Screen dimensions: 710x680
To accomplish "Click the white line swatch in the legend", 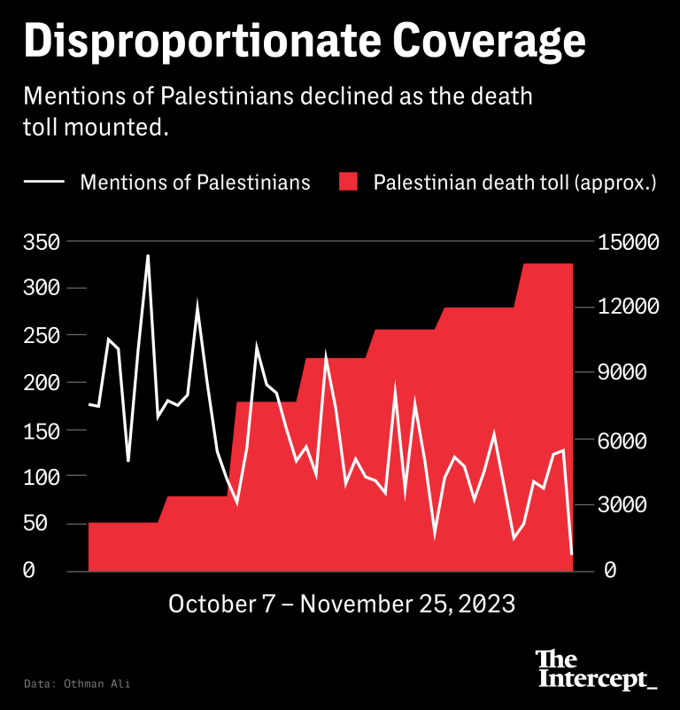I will [x=45, y=183].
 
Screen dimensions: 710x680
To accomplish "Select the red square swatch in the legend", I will [x=348, y=183].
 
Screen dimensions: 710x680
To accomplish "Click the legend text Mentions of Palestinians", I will [x=195, y=183].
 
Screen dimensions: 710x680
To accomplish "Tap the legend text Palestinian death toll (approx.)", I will [x=514, y=183].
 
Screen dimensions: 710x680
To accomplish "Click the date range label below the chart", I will [x=341, y=604].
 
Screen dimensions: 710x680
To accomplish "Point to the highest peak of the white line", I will [x=148, y=255].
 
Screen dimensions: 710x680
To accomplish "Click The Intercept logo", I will [x=596, y=670].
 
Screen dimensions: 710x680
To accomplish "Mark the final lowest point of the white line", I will [x=572, y=555].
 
